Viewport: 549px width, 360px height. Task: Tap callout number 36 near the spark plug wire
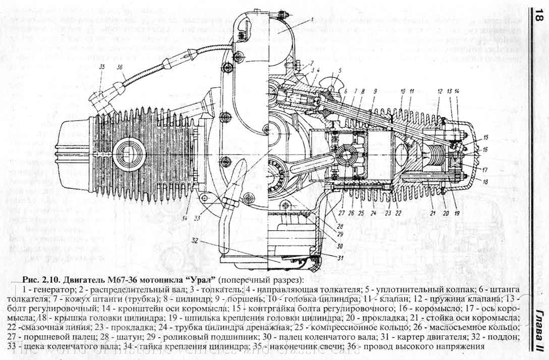(x=120, y=67)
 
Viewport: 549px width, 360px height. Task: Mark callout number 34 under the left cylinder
(x=186, y=218)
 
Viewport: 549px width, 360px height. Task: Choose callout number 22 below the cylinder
(x=399, y=213)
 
